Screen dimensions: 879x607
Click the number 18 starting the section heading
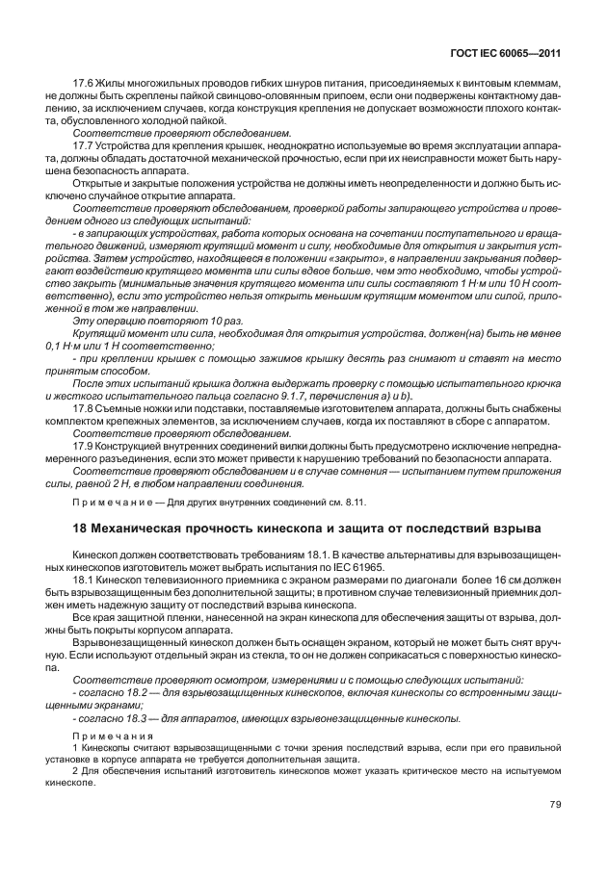(82, 528)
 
